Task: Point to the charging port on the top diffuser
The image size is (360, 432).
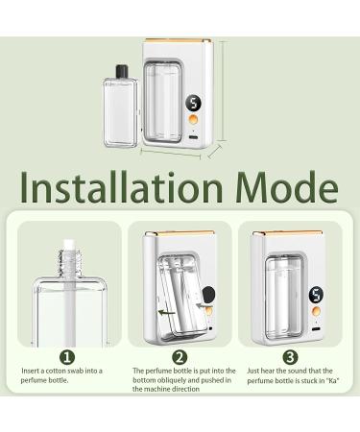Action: (x=195, y=139)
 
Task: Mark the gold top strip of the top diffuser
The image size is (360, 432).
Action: (x=178, y=42)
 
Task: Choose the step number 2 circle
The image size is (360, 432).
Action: (x=180, y=355)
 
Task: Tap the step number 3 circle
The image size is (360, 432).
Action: (x=291, y=355)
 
